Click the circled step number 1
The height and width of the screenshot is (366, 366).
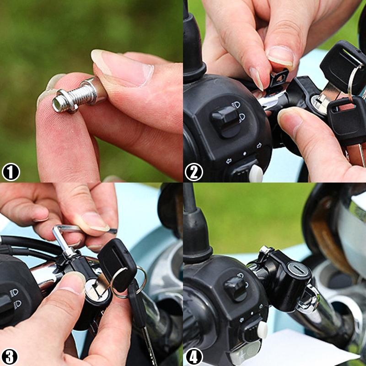tap(10, 172)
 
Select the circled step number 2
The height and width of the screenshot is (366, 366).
tap(194, 172)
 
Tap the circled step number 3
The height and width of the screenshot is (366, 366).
tap(10, 356)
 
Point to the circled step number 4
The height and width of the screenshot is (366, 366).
tap(194, 356)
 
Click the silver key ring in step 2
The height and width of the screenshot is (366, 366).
tap(355, 82)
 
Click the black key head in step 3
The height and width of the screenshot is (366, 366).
tap(117, 263)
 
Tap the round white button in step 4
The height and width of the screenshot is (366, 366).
tap(261, 329)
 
